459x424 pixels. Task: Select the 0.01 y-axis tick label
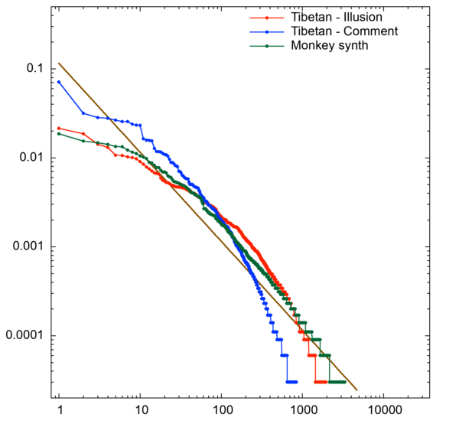(x=28, y=158)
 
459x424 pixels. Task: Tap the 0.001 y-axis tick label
(x=24, y=246)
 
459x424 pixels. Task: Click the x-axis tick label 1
(x=59, y=410)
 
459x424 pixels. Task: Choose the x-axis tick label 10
(x=140, y=410)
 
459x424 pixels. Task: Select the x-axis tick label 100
(x=221, y=410)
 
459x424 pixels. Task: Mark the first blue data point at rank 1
(x=59, y=82)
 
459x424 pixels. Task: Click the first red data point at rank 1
(x=59, y=129)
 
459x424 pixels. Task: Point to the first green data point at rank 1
(x=59, y=134)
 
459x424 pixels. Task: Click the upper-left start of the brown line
(x=59, y=63)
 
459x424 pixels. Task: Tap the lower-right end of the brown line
(x=357, y=390)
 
